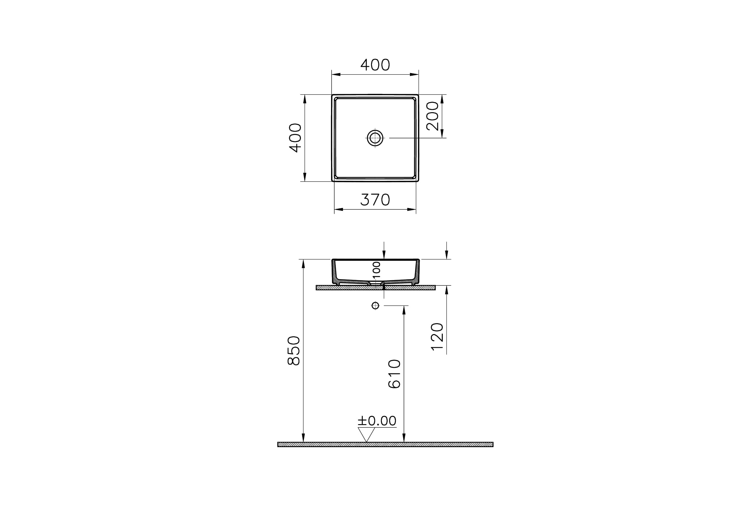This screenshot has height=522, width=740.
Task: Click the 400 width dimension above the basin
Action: pos(375,65)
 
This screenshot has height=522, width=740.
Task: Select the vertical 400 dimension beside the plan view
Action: pos(296,138)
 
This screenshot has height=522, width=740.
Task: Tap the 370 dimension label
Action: pos(375,200)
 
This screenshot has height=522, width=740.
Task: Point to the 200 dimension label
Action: pos(433,116)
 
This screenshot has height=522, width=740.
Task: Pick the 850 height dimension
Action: pos(294,351)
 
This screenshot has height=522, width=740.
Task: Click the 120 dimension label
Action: pos(437,336)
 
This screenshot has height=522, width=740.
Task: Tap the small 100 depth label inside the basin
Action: pos(376,270)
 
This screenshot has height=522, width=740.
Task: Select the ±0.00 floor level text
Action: pos(377,421)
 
